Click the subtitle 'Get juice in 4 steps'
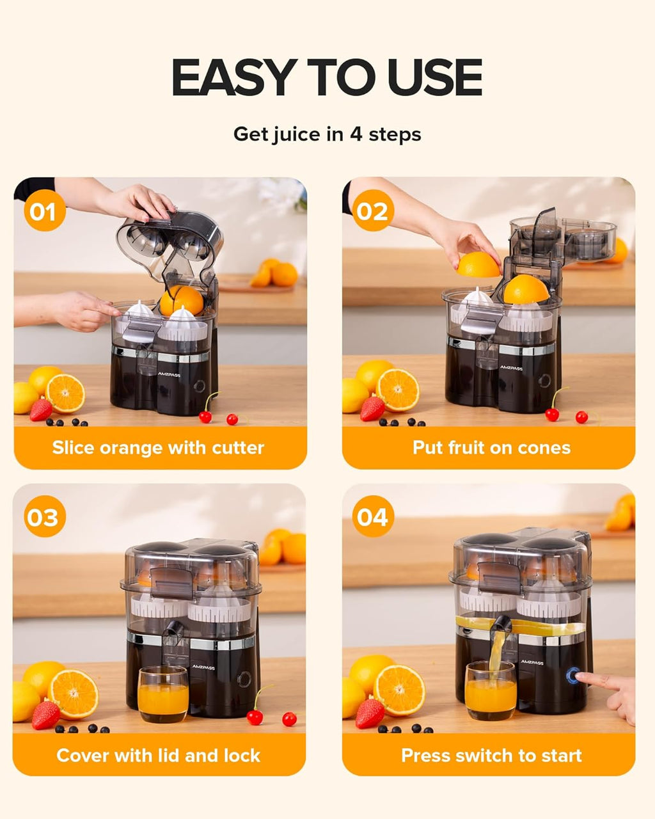coord(327,134)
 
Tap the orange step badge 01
coord(44,211)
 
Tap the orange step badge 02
coord(373,211)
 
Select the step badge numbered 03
coord(43,517)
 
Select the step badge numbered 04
coord(373,516)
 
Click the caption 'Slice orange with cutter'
coord(158,447)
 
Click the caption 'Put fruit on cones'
coord(491,447)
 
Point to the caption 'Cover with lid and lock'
coord(158,755)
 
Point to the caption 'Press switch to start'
coord(491,755)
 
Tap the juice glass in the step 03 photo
coord(162,695)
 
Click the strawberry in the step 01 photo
coord(40,409)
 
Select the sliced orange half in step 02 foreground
coord(397,390)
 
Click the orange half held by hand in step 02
coord(477,264)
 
